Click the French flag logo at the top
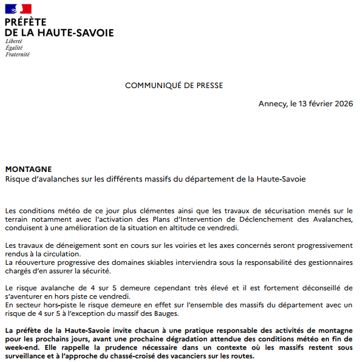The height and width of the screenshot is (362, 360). (x=18, y=9)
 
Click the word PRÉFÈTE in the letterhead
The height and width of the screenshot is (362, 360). (x=25, y=22)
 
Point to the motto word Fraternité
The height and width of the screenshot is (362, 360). (x=17, y=54)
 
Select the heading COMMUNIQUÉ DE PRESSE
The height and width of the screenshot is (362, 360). (x=174, y=86)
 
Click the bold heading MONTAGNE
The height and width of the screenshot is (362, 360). (x=29, y=169)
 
